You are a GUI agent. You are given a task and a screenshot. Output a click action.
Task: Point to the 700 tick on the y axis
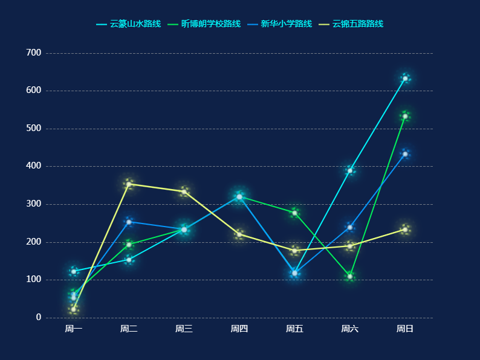34,53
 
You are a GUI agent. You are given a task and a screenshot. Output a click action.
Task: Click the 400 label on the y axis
34,166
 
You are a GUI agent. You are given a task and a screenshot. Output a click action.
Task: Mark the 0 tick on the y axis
39,318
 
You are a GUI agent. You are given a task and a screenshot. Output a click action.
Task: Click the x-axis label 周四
239,329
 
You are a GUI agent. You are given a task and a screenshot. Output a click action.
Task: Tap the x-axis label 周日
405,329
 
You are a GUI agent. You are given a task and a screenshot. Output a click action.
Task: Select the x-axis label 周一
74,329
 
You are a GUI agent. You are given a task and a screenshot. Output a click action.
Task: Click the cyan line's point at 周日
405,79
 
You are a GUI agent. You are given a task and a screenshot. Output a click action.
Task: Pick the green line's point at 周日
405,116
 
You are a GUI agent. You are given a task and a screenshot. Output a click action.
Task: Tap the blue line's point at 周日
405,154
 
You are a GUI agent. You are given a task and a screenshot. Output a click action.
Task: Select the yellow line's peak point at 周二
129,184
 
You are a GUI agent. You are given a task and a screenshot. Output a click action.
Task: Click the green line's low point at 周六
350,277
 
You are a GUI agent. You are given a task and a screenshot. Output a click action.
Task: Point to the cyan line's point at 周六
350,170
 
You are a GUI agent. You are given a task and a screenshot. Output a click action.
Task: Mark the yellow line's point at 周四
239,234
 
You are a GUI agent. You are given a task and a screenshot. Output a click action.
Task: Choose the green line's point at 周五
294,213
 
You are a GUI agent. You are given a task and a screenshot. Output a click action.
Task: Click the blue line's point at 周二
129,222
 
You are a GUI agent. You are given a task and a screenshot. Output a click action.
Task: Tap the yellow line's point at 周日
405,230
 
